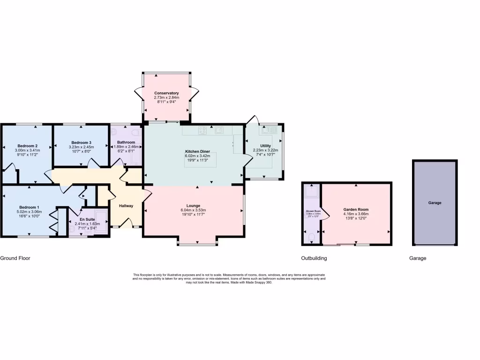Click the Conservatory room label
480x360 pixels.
(x=166, y=93)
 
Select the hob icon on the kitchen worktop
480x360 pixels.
(x=203, y=130)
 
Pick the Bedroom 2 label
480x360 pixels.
(x=28, y=145)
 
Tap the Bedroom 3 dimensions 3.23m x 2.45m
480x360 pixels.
(x=81, y=147)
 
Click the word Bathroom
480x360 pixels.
(x=126, y=142)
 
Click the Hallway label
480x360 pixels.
(x=126, y=206)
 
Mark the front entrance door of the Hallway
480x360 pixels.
(x=126, y=227)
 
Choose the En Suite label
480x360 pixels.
(x=87, y=219)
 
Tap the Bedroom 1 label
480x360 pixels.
(x=29, y=207)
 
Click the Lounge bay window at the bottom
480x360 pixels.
(x=197, y=244)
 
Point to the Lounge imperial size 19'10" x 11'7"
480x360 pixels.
(x=193, y=215)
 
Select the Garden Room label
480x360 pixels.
(x=356, y=210)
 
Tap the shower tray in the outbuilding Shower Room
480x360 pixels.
(x=311, y=192)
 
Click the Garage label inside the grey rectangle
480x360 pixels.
(x=435, y=203)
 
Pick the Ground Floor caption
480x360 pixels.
(x=15, y=258)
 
